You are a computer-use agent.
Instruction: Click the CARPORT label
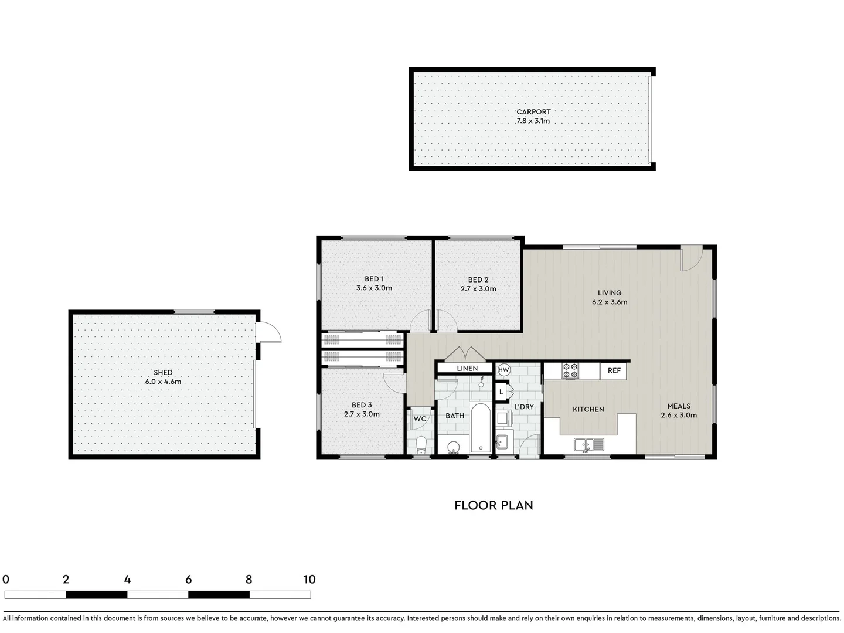pyautogui.click(x=533, y=111)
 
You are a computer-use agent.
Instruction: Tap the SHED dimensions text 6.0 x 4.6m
pyautogui.click(x=163, y=382)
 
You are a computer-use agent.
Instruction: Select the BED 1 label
pyautogui.click(x=374, y=279)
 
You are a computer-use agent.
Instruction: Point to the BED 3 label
pyautogui.click(x=362, y=405)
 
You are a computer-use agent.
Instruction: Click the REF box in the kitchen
pyautogui.click(x=614, y=371)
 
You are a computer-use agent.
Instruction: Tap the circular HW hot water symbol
pyautogui.click(x=503, y=370)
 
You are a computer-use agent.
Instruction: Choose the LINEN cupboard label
pyautogui.click(x=467, y=369)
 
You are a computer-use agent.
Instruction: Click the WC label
pyautogui.click(x=420, y=419)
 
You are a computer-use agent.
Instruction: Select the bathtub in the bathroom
pyautogui.click(x=481, y=428)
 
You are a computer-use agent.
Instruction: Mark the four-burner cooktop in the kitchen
pyautogui.click(x=570, y=371)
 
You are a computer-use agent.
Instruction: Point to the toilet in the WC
pyautogui.click(x=420, y=446)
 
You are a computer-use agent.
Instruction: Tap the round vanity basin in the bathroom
pyautogui.click(x=453, y=448)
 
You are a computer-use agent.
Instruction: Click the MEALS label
pyautogui.click(x=679, y=406)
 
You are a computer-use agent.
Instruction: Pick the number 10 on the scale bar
pyautogui.click(x=309, y=580)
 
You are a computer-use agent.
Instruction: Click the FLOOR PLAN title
pyautogui.click(x=494, y=505)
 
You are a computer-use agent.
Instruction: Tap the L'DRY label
pyautogui.click(x=524, y=407)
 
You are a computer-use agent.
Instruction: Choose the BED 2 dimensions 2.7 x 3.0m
pyautogui.click(x=478, y=289)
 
